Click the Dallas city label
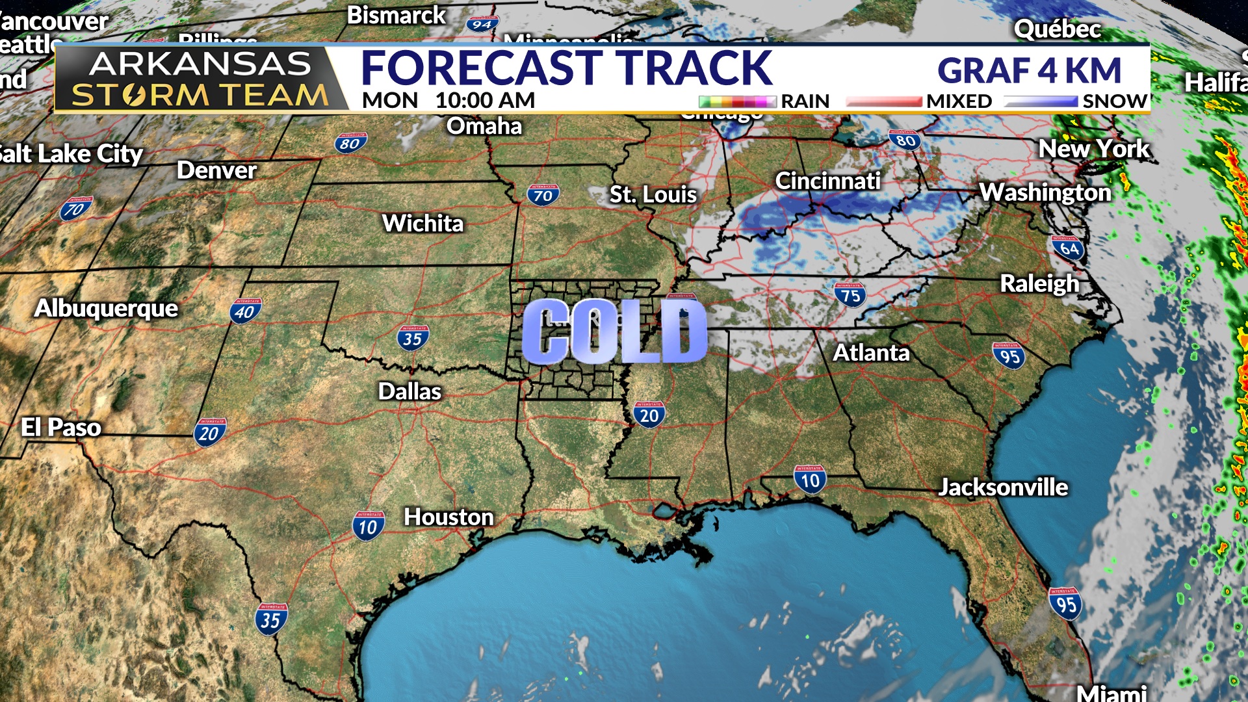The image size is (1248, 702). click(x=409, y=391)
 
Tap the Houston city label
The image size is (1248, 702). click(x=448, y=517)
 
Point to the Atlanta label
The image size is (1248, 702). click(x=871, y=352)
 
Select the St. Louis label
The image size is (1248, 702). click(x=653, y=194)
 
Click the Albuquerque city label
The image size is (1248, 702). click(x=106, y=308)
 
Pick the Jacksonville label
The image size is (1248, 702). click(x=1003, y=487)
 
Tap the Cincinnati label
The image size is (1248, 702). click(x=827, y=181)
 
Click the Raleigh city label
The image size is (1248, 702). click(x=1039, y=283)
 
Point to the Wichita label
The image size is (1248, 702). click(x=422, y=224)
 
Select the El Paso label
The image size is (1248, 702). click(x=61, y=427)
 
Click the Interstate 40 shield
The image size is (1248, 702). click(x=245, y=312)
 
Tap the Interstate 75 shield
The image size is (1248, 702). click(x=850, y=295)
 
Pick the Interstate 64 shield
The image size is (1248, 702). click(x=1069, y=248)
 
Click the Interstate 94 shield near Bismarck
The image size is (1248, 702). click(x=482, y=25)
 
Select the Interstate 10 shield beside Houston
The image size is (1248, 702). click(x=369, y=526)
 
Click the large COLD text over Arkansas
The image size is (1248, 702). click(x=614, y=331)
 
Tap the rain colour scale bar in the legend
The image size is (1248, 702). click(x=737, y=101)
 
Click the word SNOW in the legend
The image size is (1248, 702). click(x=1114, y=101)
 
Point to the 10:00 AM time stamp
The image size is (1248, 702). click(x=485, y=101)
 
